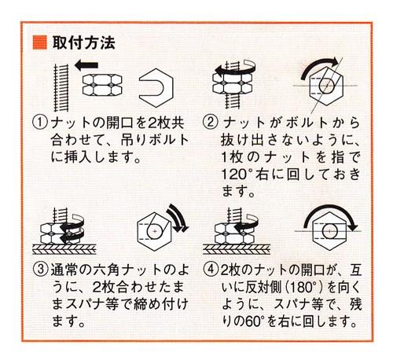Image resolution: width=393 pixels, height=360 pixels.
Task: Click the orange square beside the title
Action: (x=39, y=42)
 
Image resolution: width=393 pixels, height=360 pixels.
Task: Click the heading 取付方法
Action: (x=83, y=42)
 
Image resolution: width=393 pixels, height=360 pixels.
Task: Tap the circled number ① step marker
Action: (x=40, y=123)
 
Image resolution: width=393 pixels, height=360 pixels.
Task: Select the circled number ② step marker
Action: (x=211, y=123)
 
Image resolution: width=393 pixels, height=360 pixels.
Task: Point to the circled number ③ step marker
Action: (x=41, y=270)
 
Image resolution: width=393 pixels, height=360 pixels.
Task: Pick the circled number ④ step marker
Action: (x=211, y=270)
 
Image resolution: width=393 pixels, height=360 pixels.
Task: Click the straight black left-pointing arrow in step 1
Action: (x=86, y=65)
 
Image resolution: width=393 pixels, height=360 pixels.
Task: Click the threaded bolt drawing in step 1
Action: (x=61, y=87)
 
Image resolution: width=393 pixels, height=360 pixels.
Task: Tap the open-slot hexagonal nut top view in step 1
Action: (x=156, y=88)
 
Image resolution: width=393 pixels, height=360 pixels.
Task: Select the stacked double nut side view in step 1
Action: (x=102, y=85)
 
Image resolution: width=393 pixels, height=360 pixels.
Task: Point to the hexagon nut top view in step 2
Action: (x=326, y=86)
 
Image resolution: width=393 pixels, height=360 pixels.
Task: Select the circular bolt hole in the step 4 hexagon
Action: (x=329, y=231)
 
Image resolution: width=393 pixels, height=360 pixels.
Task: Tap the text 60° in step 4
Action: (x=253, y=321)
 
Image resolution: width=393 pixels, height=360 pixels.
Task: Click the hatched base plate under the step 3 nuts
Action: (x=64, y=249)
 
